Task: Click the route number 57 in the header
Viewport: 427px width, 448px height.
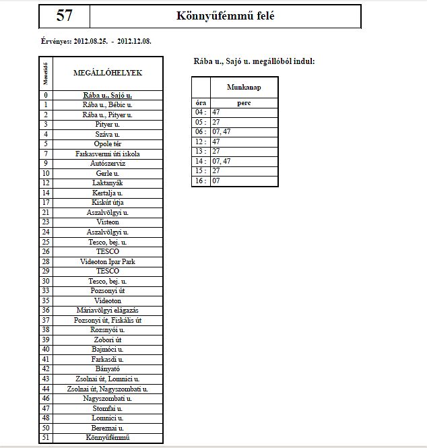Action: (65, 16)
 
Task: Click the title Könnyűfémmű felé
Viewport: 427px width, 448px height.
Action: (225, 16)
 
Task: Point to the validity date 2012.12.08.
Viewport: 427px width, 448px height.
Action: (134, 41)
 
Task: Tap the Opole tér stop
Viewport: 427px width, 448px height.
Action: (107, 144)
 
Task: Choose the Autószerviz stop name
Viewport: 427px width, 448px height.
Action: (107, 164)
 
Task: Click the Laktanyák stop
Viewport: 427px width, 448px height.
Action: (107, 183)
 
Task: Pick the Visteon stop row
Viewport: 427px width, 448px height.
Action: (107, 222)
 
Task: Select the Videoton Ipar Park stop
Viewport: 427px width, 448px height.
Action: (107, 261)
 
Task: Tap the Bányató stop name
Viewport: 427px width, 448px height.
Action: (107, 369)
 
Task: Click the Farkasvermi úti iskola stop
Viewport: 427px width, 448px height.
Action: (107, 154)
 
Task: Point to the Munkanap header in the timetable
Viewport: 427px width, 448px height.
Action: (244, 88)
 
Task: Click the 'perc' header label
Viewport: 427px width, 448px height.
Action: (244, 102)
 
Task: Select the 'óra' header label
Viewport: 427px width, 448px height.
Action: (201, 102)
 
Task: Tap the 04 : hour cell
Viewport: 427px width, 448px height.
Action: (201, 112)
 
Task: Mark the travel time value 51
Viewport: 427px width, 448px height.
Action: (46, 438)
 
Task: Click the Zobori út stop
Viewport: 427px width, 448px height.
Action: (107, 340)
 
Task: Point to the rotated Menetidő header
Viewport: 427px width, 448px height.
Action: (46, 73)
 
